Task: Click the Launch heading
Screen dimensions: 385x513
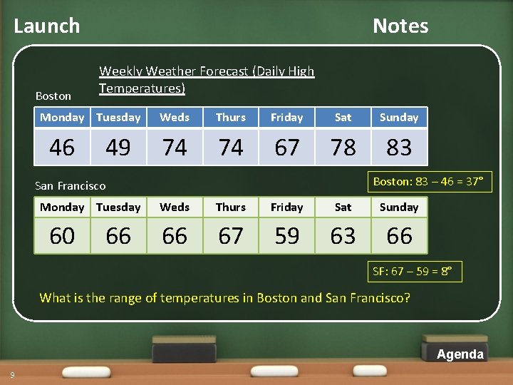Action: [x=47, y=26]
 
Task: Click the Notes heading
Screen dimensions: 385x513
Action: [x=400, y=26]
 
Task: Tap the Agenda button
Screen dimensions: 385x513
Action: [x=460, y=354]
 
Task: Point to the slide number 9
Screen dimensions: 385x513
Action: [x=12, y=376]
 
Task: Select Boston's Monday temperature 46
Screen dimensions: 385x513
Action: [x=62, y=148]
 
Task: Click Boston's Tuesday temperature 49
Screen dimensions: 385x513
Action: [x=118, y=148]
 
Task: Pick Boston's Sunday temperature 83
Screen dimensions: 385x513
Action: [x=399, y=148]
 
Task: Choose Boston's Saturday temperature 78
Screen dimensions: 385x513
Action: [x=343, y=148]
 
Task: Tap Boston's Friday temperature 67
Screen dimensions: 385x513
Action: [x=287, y=148]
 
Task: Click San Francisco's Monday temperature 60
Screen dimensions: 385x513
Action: [x=62, y=236]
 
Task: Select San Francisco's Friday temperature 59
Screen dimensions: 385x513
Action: [x=287, y=236]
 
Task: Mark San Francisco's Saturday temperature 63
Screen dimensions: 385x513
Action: [x=343, y=236]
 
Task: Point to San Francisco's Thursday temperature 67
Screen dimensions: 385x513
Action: [x=231, y=236]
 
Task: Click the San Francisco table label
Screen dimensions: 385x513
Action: [x=70, y=186]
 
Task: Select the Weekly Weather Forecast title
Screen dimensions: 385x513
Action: [x=207, y=80]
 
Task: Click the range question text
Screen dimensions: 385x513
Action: [x=224, y=298]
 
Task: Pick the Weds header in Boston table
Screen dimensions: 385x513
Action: [x=175, y=118]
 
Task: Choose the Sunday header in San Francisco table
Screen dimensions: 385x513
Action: [x=399, y=207]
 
